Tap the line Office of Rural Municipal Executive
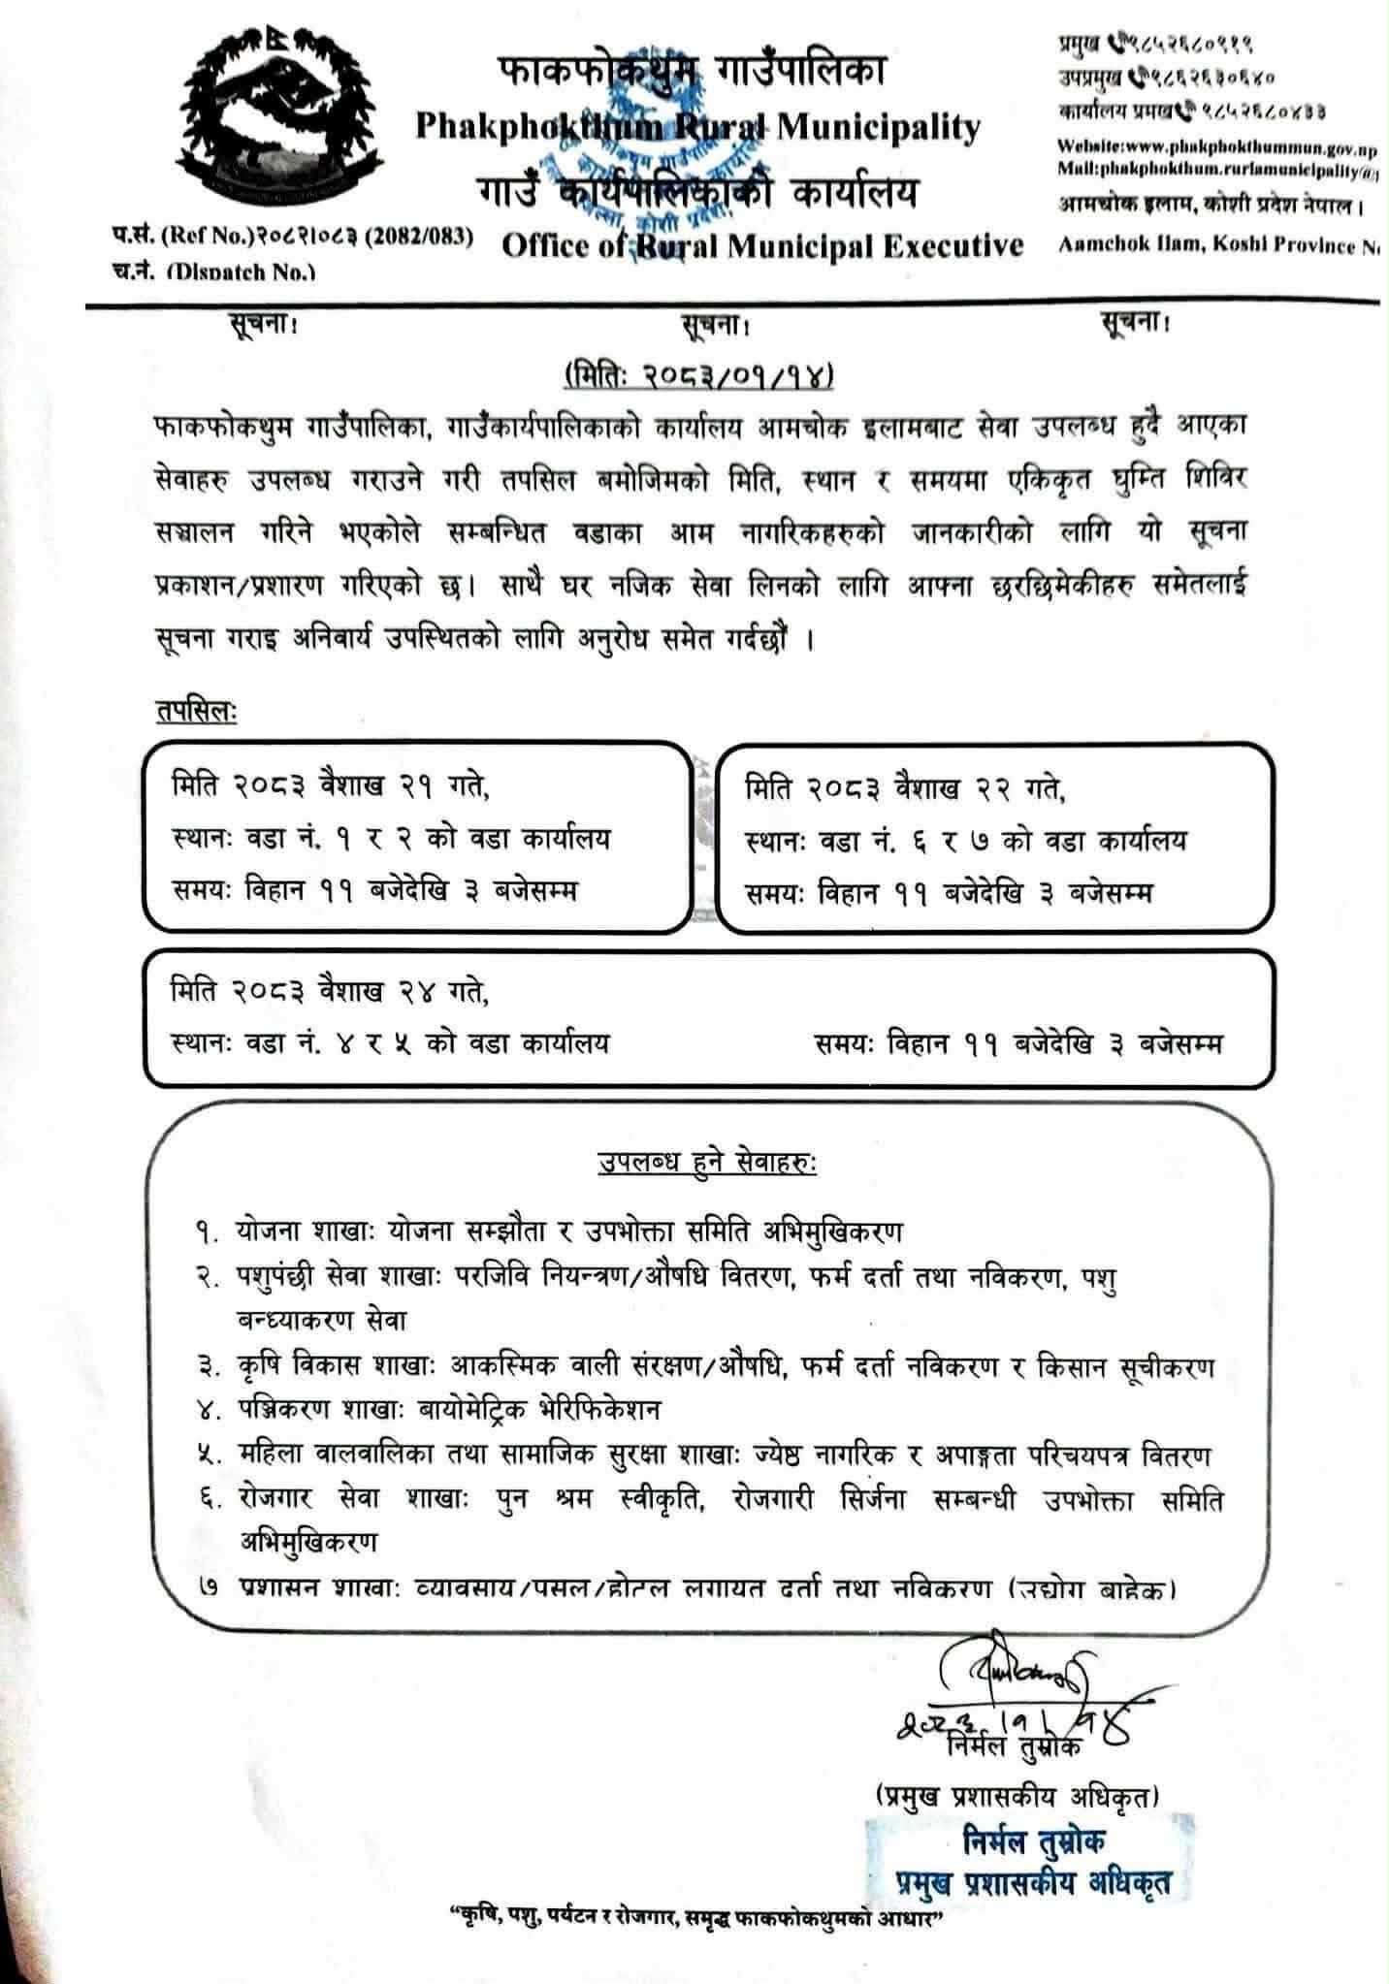(762, 246)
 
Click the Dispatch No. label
(213, 272)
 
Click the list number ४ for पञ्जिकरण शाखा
(205, 1407)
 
